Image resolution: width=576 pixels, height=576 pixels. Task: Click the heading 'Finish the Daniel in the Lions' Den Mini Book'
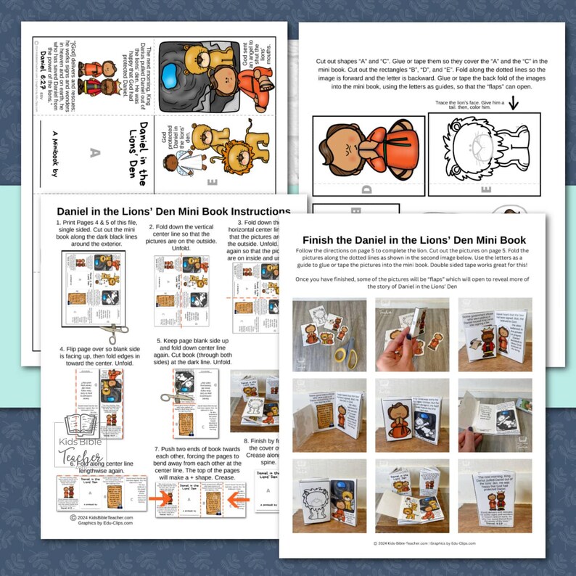click(414, 240)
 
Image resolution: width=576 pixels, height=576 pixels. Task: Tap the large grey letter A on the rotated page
click(92, 152)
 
